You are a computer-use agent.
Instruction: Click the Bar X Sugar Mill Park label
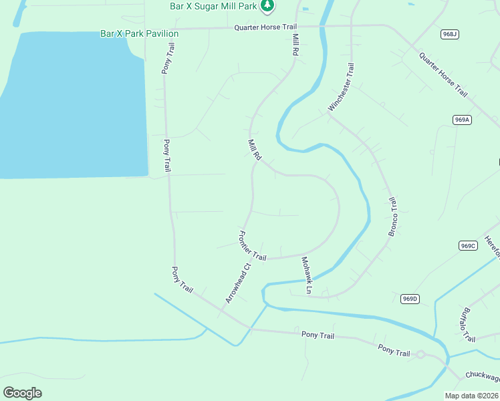pyautogui.click(x=214, y=5)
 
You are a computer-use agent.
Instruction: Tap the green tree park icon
pyautogui.click(x=268, y=5)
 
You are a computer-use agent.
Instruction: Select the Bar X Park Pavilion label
pyautogui.click(x=139, y=33)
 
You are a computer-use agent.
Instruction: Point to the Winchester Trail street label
pyautogui.click(x=341, y=88)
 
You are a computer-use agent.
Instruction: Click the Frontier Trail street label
pyautogui.click(x=252, y=245)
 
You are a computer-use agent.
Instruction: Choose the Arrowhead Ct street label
pyautogui.click(x=237, y=283)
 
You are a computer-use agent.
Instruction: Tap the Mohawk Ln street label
pyautogui.click(x=306, y=275)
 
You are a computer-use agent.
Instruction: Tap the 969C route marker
pyautogui.click(x=468, y=246)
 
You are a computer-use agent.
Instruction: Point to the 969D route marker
pyautogui.click(x=410, y=299)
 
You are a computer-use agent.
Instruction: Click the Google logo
pyautogui.click(x=22, y=392)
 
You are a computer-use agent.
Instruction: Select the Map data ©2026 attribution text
pyautogui.click(x=472, y=396)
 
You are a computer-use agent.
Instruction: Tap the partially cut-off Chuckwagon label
pyautogui.click(x=482, y=377)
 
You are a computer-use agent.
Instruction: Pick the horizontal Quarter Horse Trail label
pyautogui.click(x=265, y=27)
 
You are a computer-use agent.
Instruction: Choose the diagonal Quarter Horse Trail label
pyautogui.click(x=443, y=74)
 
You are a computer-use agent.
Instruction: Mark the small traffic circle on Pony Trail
pyautogui.click(x=420, y=354)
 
